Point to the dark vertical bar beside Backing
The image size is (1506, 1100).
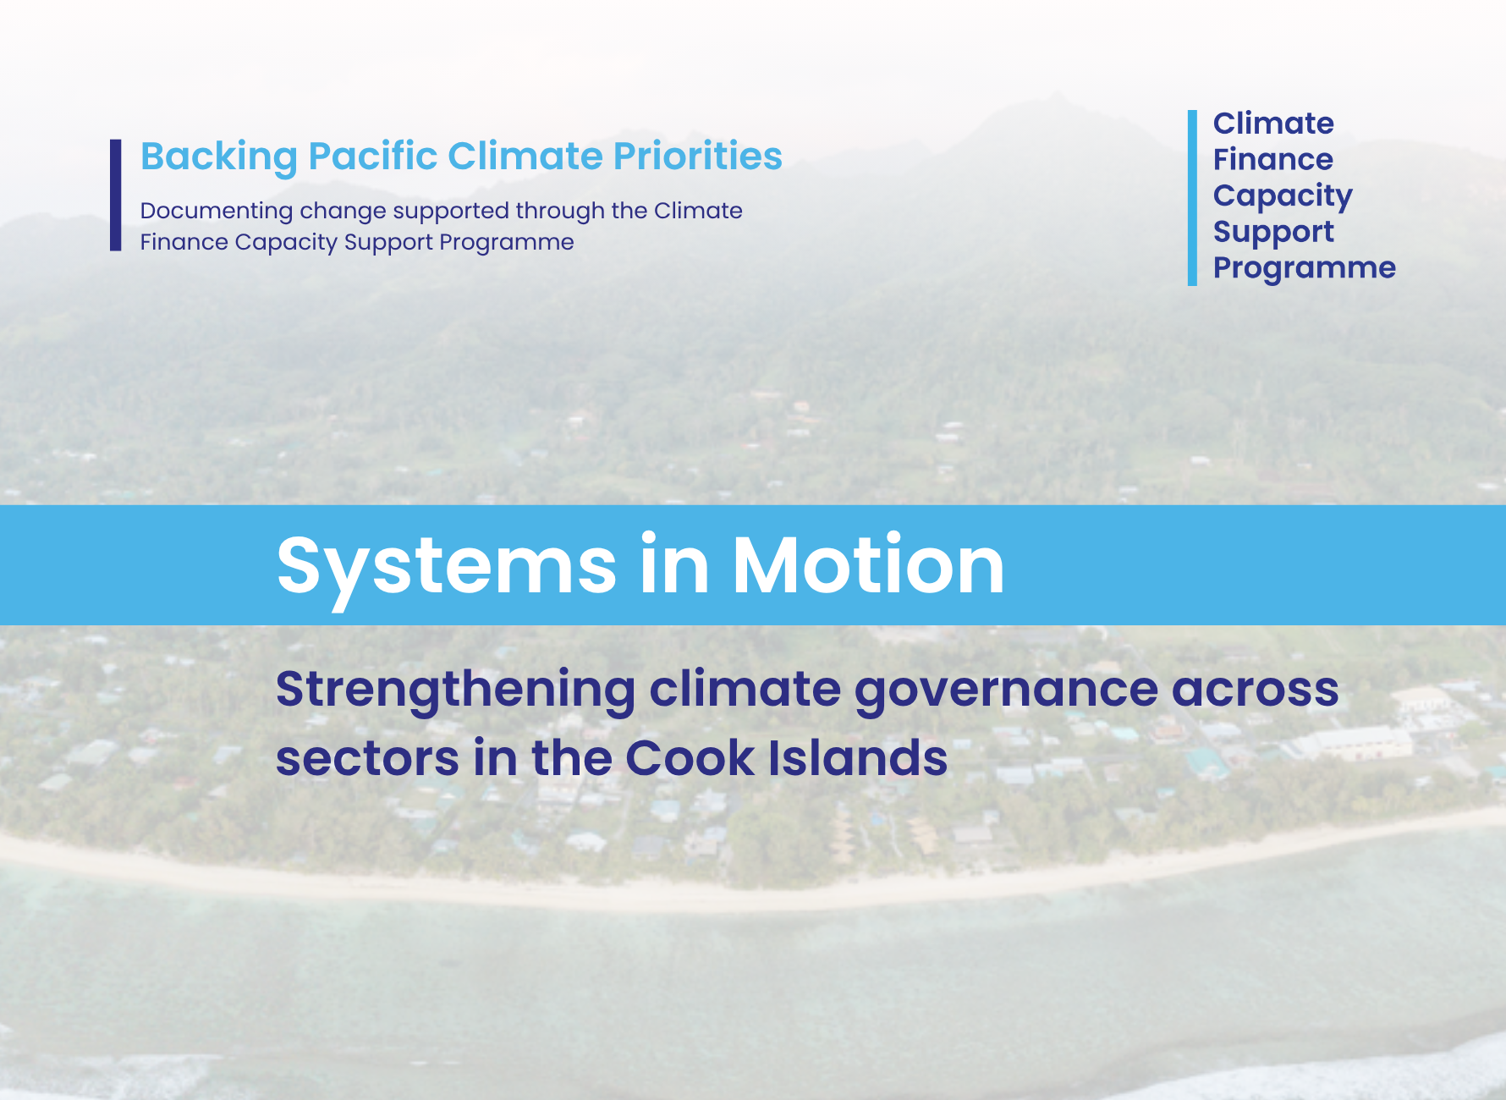point(116,195)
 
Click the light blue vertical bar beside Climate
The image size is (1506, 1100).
point(1192,197)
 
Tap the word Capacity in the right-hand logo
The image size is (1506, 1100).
point(1282,196)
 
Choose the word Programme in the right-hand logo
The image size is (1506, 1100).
point(1304,268)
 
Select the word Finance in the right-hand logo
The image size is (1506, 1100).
point(1272,160)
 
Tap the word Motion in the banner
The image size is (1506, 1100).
point(868,565)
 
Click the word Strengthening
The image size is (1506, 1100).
point(455,690)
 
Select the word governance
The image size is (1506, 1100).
point(1005,690)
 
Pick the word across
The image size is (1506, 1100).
point(1255,690)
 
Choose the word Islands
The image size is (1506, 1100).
point(858,758)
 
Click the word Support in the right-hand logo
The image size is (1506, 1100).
point(1272,233)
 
